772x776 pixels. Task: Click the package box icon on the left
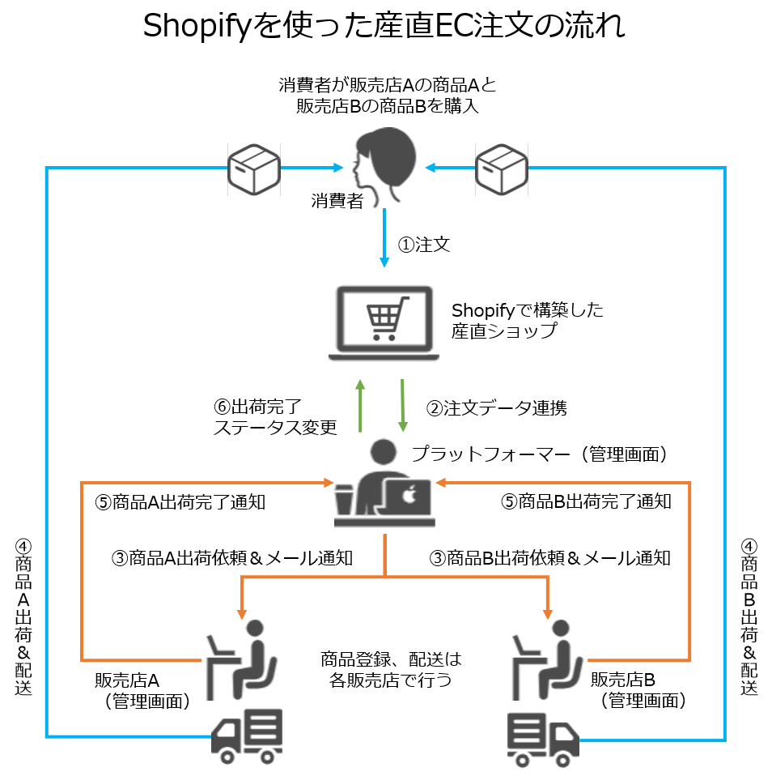[x=253, y=169]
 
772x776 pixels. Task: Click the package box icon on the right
[x=501, y=169]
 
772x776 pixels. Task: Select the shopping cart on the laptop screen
[x=384, y=318]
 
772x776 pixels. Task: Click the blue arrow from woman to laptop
[x=384, y=239]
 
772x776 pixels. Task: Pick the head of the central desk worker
[x=383, y=452]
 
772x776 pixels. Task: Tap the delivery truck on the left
[x=248, y=735]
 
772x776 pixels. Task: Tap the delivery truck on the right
[x=542, y=740]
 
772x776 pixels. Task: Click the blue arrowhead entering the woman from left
[x=339, y=168]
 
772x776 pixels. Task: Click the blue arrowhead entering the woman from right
[x=430, y=168]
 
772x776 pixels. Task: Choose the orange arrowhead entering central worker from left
[x=329, y=483]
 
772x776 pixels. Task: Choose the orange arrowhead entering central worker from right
[x=440, y=483]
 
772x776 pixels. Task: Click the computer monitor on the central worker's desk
[x=409, y=497]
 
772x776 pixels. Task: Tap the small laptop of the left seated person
[x=215, y=646]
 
